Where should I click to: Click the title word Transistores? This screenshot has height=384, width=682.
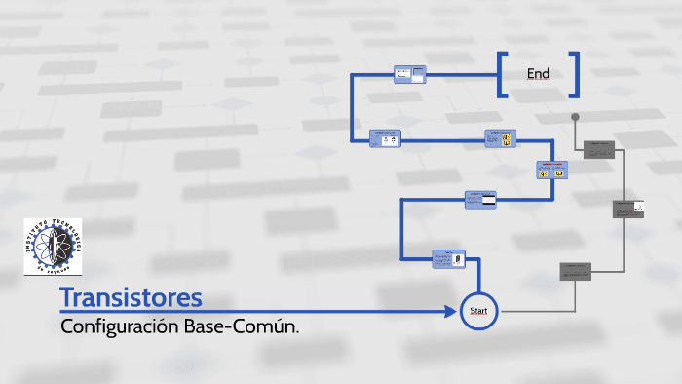[131, 297]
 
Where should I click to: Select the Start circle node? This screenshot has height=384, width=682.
[478, 311]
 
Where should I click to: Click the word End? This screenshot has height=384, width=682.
[538, 74]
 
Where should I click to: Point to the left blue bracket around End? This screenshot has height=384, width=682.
[503, 74]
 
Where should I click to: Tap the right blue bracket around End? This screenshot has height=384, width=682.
[575, 74]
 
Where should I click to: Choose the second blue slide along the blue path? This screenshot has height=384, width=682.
[480, 199]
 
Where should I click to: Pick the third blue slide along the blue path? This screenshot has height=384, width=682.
[551, 170]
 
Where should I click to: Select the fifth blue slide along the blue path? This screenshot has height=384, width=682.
[388, 139]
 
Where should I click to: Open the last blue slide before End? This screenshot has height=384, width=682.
[410, 74]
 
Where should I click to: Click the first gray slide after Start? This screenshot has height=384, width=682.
[576, 271]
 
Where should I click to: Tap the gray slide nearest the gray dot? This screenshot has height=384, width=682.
[598, 149]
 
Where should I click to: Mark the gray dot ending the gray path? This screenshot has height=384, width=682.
[575, 117]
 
